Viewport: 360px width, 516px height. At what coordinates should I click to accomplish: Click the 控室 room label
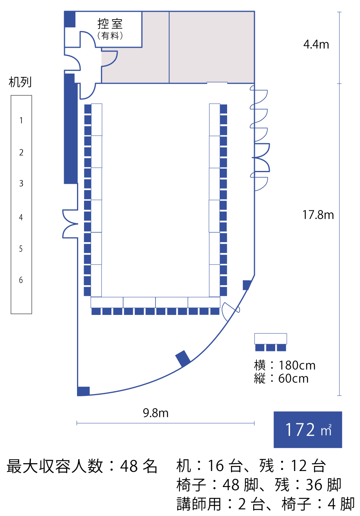[x=110, y=23]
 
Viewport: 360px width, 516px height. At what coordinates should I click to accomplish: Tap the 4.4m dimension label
[x=316, y=45]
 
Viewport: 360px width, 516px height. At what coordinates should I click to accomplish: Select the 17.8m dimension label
[x=318, y=215]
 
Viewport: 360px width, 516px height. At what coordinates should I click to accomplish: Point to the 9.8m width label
[x=156, y=413]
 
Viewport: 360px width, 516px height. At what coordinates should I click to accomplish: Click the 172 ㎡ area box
[x=308, y=430]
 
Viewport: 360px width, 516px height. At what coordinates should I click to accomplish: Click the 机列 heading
[x=20, y=82]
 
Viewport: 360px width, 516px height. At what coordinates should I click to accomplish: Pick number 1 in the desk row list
[x=21, y=120]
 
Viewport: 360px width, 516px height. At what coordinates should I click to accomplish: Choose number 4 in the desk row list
[x=21, y=217]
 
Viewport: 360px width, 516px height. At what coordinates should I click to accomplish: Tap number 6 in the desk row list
[x=21, y=280]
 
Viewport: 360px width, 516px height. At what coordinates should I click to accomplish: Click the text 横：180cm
[x=285, y=365]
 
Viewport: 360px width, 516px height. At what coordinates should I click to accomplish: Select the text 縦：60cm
[x=281, y=378]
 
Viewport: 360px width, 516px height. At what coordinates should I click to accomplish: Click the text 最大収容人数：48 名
[x=82, y=466]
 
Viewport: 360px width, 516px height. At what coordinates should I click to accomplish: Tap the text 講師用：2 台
[x=220, y=503]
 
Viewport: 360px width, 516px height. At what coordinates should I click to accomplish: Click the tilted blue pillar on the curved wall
[x=183, y=359]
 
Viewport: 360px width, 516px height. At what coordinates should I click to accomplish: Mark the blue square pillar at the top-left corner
[x=70, y=19]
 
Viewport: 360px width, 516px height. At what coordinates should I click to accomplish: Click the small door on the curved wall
[x=231, y=311]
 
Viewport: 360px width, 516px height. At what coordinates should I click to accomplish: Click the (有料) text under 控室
[x=110, y=36]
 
